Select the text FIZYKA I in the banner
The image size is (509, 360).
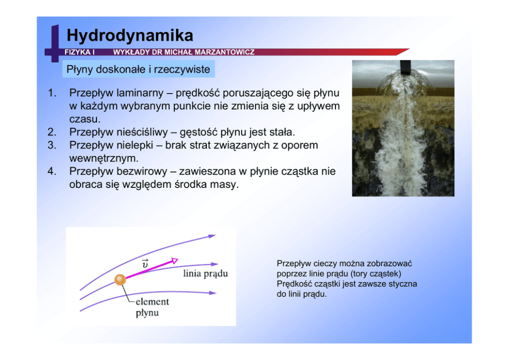(80, 52)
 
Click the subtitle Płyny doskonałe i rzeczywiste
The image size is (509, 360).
(139, 69)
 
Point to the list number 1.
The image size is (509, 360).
(52, 93)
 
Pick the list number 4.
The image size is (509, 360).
(52, 171)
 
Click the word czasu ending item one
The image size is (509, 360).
(85, 119)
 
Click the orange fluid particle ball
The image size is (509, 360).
(120, 279)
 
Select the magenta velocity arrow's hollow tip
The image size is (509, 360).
(174, 260)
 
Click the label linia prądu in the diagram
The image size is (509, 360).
(205, 274)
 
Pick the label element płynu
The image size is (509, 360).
(152, 307)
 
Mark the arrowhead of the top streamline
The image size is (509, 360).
(211, 236)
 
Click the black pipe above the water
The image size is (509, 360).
(405, 67)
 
